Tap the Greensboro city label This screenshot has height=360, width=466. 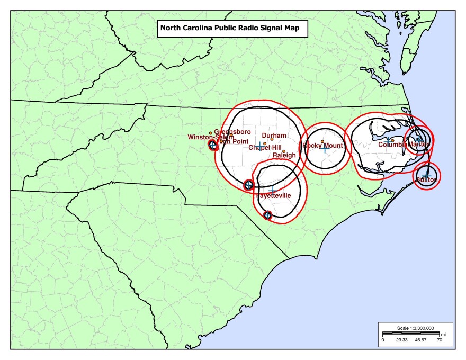[232, 131]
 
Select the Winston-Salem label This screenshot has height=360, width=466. [210, 137]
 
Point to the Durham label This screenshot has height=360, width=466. [274, 136]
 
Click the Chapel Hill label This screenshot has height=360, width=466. [265, 148]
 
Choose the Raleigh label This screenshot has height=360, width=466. [284, 156]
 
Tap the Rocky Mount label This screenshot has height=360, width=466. [322, 146]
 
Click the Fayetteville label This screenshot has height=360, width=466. [274, 195]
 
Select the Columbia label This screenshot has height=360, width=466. [392, 144]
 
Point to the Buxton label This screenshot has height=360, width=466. [427, 180]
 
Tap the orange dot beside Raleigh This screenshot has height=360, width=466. [284, 151]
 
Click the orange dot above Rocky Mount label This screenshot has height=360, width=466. [322, 141]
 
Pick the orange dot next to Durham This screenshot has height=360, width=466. [272, 140]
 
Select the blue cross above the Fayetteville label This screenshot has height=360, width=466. [272, 191]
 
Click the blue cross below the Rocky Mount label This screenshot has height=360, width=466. [325, 150]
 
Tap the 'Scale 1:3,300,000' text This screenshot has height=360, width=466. [415, 328]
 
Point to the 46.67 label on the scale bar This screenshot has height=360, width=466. [420, 340]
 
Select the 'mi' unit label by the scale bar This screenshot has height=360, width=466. [443, 335]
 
